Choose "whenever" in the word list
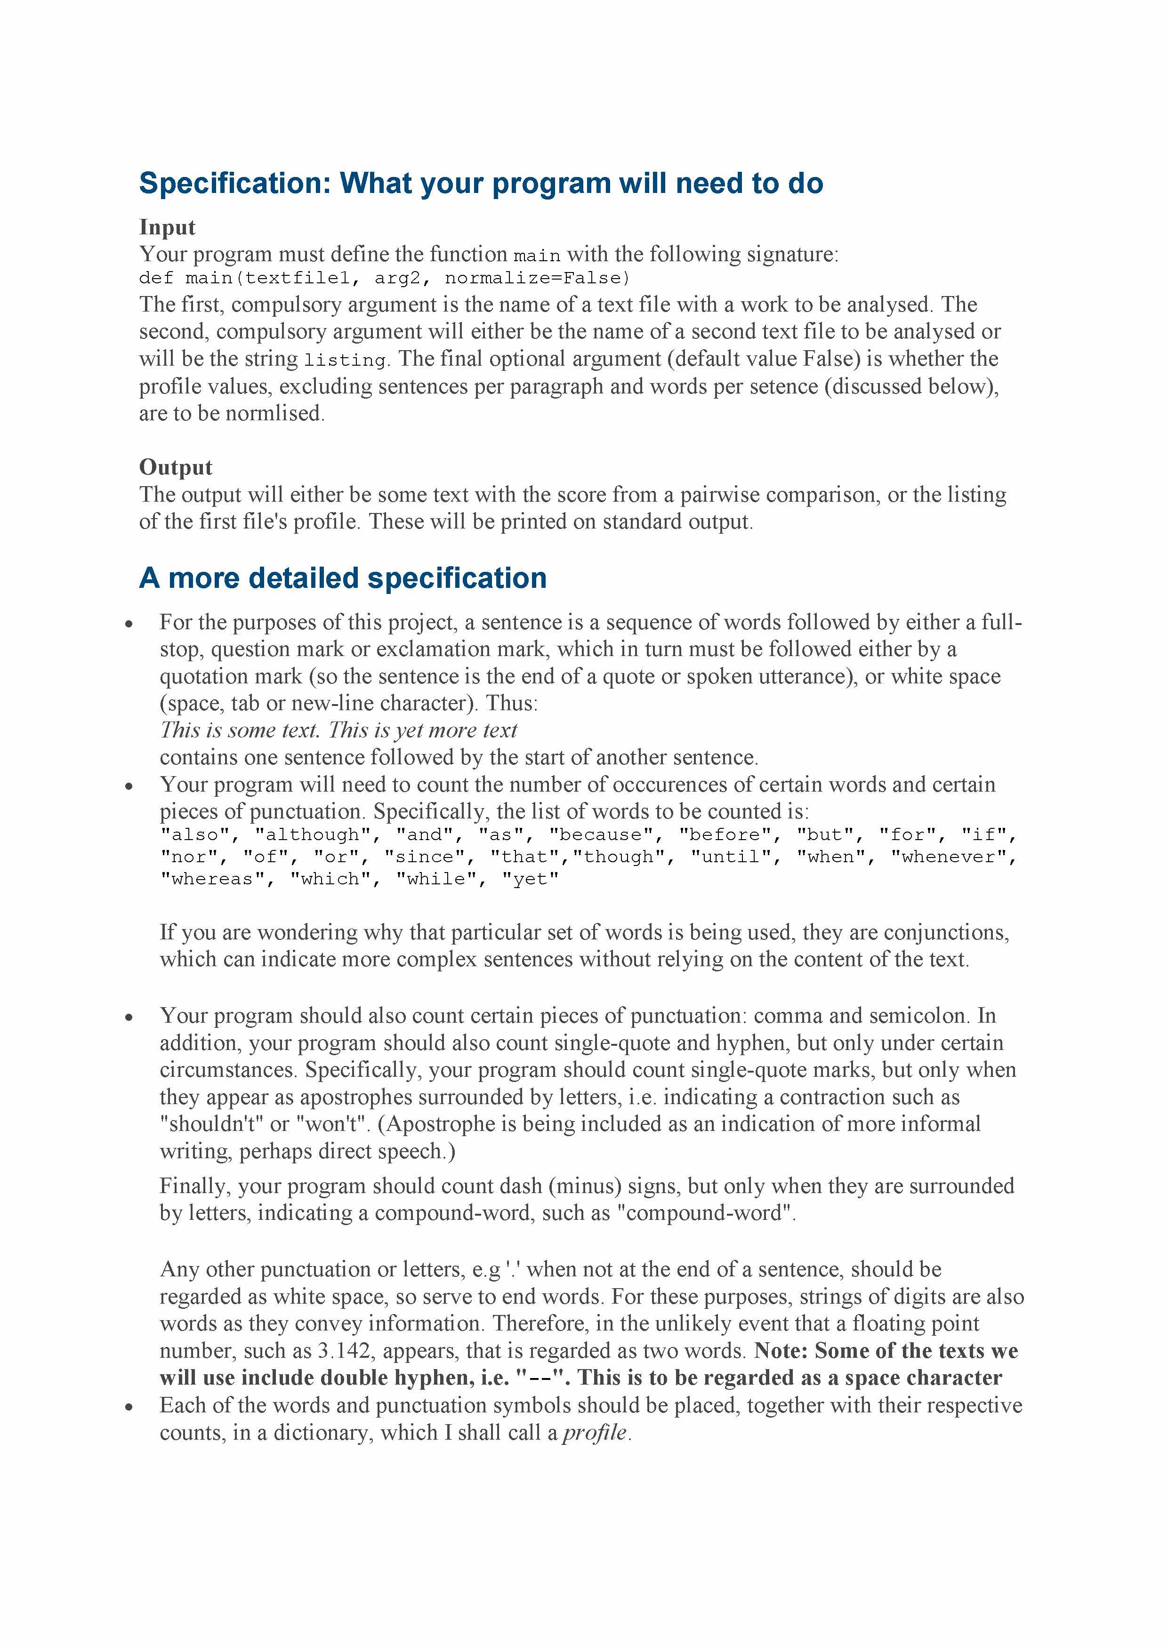[952, 857]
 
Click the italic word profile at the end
[594, 1433]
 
